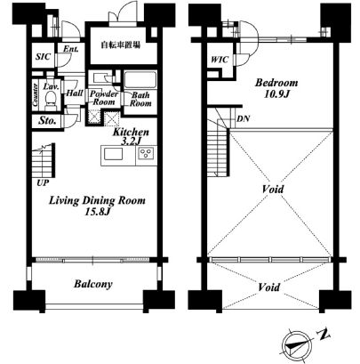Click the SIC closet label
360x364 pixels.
[44, 57]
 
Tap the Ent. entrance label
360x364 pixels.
[71, 49]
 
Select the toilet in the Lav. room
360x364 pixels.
[50, 100]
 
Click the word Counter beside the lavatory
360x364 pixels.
[36, 95]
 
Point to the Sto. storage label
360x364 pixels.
[47, 121]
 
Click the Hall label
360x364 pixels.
[75, 93]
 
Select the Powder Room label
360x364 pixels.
[104, 98]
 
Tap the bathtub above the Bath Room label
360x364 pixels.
[140, 80]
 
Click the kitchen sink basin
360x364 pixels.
[113, 155]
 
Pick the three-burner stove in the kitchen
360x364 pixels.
[146, 154]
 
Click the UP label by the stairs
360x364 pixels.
[44, 182]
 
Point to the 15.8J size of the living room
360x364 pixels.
[98, 212]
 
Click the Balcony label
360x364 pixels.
[93, 284]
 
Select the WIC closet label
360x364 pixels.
[220, 60]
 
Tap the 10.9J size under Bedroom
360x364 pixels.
[276, 94]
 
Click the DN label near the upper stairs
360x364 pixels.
[244, 119]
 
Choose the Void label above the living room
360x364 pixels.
[273, 189]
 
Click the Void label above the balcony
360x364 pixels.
[269, 287]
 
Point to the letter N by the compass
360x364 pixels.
[324, 335]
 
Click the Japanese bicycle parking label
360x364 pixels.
[120, 45]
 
